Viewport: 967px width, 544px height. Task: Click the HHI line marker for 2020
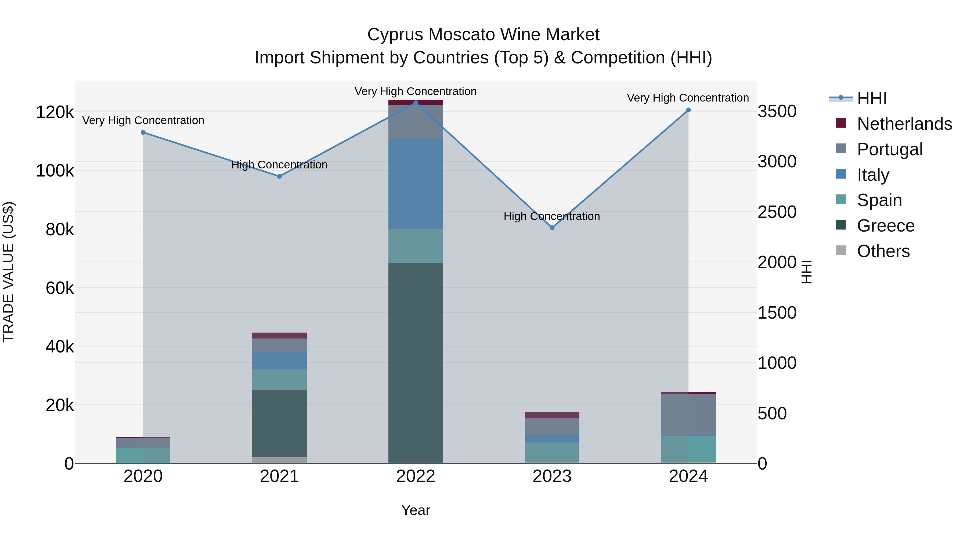143,132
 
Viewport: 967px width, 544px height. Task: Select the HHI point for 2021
279,176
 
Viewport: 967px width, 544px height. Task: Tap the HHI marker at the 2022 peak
416,103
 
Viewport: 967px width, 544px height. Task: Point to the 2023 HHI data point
552,228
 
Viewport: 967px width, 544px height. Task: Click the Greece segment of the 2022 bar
416,362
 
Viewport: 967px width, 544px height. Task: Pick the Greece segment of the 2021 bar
279,423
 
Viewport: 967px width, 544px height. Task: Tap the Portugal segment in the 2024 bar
688,415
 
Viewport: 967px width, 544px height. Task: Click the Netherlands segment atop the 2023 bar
552,415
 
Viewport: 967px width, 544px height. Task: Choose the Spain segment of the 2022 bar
416,246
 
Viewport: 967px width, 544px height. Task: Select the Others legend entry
883,251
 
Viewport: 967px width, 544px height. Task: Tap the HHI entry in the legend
872,98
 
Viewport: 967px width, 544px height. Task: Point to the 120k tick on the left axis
55,112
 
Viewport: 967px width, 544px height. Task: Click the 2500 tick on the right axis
777,212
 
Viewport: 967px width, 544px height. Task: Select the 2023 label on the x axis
552,476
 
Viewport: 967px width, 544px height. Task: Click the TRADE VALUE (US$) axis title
9,272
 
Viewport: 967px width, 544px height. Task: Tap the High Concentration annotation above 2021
279,165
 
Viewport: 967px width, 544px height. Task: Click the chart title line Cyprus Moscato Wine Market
483,35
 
